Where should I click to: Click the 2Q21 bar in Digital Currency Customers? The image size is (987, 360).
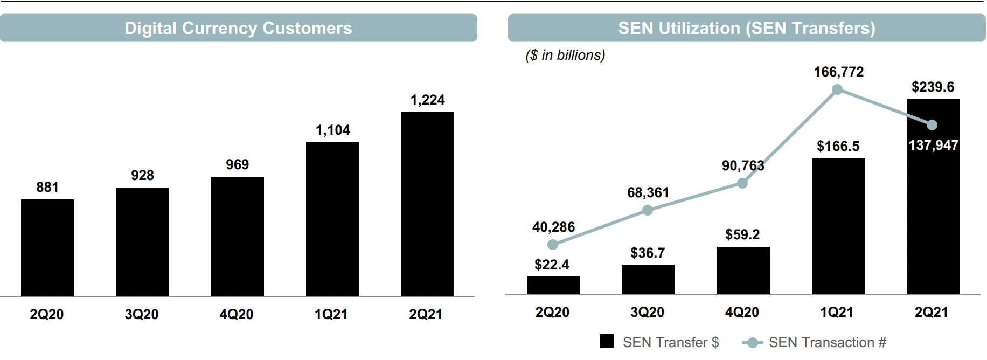[427, 204]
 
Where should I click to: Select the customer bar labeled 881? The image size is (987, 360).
[47, 248]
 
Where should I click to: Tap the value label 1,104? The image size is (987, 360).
[332, 130]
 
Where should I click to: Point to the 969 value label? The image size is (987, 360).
[237, 165]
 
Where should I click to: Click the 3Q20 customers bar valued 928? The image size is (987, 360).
[143, 242]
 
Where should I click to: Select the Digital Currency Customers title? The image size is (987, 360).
[238, 28]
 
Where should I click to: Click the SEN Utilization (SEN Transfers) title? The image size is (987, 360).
[746, 28]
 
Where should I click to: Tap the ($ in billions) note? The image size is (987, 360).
[565, 56]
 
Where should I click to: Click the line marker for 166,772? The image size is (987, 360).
[837, 90]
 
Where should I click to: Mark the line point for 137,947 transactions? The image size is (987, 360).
[932, 125]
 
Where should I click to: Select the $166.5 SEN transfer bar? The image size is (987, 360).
[838, 226]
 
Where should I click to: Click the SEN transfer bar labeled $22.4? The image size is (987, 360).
[553, 286]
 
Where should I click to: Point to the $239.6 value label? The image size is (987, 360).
[933, 87]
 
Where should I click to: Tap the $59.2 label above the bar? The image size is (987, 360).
[742, 235]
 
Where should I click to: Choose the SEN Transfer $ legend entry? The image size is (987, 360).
[660, 342]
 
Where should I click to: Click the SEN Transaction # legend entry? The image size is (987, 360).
[814, 342]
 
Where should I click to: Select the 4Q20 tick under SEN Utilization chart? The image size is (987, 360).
[742, 313]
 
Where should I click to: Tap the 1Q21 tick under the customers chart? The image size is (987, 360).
[331, 315]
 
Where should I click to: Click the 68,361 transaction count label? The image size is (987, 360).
[648, 193]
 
